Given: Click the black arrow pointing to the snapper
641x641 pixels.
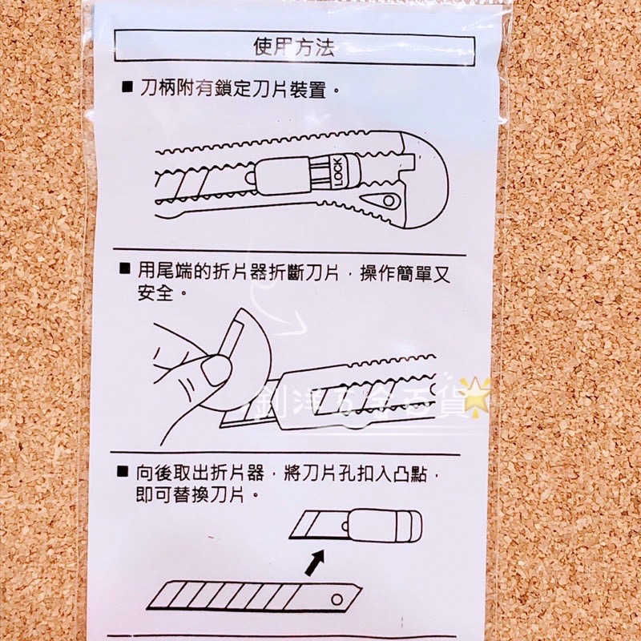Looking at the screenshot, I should click(315, 562).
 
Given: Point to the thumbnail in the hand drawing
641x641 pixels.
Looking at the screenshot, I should click(215, 370).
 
